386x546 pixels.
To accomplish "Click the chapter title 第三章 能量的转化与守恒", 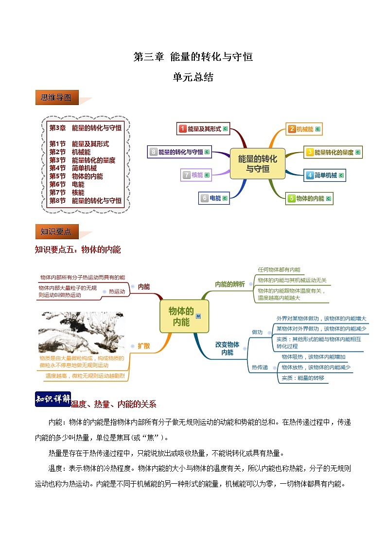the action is [x=193, y=57].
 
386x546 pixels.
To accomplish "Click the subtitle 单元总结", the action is [x=193, y=77].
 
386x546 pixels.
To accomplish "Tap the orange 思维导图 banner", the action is [x=57, y=98].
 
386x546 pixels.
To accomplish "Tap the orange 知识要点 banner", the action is [x=56, y=231].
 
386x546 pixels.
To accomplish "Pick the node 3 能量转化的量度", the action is [x=333, y=152].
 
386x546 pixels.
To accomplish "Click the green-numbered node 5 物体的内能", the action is [x=309, y=198].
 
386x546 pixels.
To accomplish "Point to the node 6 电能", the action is [x=214, y=198].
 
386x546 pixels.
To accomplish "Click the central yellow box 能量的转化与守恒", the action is [x=257, y=164].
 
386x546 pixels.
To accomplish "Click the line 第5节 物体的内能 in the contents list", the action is [x=76, y=176].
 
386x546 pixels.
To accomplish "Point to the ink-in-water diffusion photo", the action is [x=81, y=333].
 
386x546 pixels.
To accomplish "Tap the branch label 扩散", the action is [x=144, y=346].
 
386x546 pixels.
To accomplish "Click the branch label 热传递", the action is [x=260, y=368].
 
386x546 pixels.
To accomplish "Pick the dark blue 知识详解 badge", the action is [x=53, y=399].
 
